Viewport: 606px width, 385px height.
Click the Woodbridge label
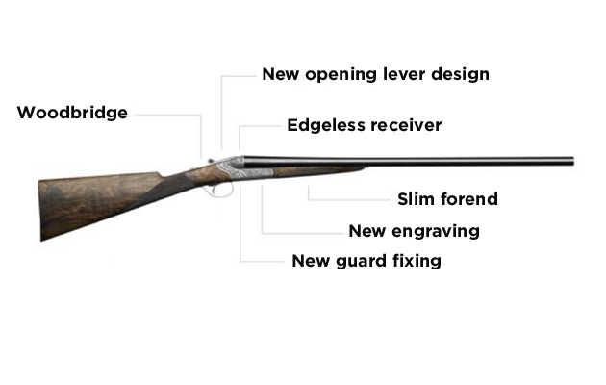[x=72, y=113]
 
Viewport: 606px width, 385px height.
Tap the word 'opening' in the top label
[x=341, y=75]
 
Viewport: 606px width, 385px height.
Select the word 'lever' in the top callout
[x=404, y=74]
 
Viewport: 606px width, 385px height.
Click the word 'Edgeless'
[x=326, y=125]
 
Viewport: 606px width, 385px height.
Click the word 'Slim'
[x=417, y=199]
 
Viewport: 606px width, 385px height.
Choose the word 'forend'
[x=469, y=199]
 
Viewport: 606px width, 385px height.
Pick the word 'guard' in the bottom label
[x=362, y=262]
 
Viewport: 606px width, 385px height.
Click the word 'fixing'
[x=417, y=261]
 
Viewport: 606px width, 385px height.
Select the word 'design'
[x=461, y=75]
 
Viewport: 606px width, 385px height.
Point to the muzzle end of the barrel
[x=572, y=161]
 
